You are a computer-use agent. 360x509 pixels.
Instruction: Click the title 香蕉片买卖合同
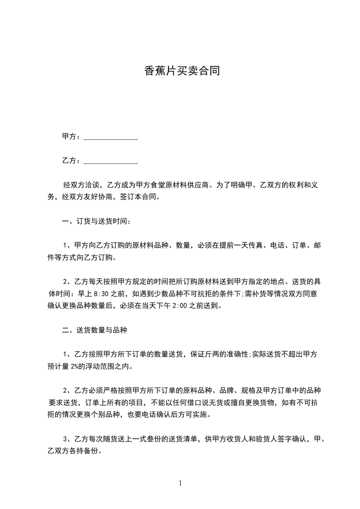click(x=182, y=71)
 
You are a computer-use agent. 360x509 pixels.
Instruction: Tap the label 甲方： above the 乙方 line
click(x=71, y=137)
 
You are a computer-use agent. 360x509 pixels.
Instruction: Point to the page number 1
click(x=180, y=483)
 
